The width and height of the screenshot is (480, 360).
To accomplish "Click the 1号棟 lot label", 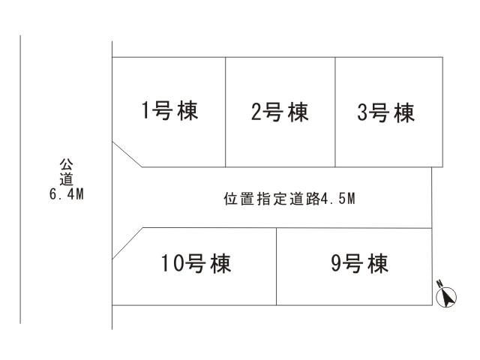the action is (x=169, y=112).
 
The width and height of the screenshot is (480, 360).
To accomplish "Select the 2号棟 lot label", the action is (x=279, y=113).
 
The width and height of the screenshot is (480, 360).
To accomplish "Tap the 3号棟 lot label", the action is (x=385, y=113).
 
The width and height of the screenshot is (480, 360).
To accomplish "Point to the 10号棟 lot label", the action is (x=196, y=263).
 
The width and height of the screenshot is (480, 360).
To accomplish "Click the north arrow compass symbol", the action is (x=446, y=297).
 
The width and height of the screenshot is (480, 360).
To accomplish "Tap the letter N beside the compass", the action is (x=437, y=283).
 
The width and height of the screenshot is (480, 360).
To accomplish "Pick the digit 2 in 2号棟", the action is (x=256, y=113).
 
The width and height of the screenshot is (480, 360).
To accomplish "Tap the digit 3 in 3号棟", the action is (x=363, y=113).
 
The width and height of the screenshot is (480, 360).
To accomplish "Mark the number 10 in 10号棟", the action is (x=172, y=263).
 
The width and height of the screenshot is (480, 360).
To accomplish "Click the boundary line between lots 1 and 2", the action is (x=226, y=112).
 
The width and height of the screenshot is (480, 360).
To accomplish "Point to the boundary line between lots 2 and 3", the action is (x=335, y=112).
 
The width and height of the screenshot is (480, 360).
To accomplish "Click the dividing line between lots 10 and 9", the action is (x=277, y=266).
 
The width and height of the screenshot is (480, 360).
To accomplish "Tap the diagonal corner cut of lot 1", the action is (x=127, y=154).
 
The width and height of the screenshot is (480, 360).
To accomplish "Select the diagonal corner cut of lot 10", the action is (x=127, y=243).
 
